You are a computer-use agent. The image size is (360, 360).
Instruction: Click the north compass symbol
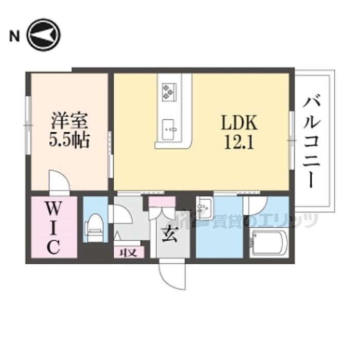(44, 36)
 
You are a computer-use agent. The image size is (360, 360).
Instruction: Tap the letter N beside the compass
(14, 36)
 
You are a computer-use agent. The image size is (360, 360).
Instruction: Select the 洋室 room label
(69, 122)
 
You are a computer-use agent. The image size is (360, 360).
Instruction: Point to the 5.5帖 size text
(69, 140)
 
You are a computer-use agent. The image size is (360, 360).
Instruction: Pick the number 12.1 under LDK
(238, 141)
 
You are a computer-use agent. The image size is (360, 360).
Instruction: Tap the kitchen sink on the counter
(169, 129)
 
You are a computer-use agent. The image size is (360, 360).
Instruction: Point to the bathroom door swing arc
(256, 206)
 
